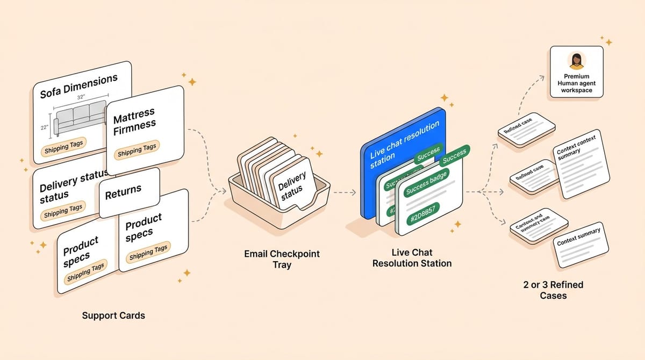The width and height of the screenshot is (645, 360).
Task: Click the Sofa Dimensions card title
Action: [x=78, y=86]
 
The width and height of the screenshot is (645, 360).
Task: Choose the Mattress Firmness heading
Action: [x=134, y=120]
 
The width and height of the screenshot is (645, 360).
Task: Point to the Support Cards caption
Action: [x=113, y=315]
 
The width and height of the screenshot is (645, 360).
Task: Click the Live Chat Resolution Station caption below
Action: [x=412, y=258]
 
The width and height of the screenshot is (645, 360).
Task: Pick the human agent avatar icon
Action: [x=577, y=61]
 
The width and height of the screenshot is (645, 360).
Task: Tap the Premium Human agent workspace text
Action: [x=577, y=83]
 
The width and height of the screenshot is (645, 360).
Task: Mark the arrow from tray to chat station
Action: [x=344, y=192]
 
